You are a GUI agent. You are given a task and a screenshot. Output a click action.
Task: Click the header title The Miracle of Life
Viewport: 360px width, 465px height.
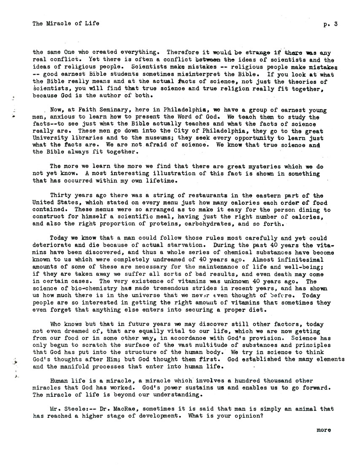(66, 24)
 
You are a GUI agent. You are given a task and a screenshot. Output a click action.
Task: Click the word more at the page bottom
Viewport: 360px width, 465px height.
(324, 430)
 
